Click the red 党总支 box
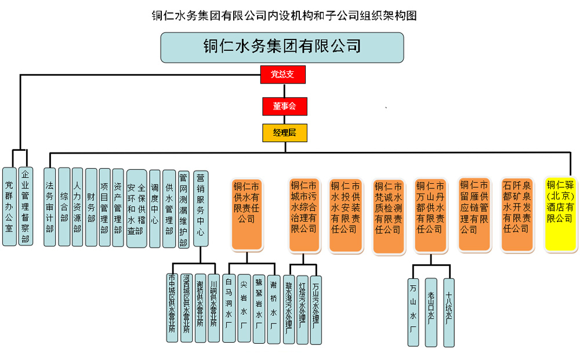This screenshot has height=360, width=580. (282, 74)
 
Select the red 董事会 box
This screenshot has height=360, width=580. (284, 106)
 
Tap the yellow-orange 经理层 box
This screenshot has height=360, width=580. (284, 133)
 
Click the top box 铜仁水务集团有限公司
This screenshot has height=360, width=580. (282, 47)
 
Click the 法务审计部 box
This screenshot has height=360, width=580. (49, 207)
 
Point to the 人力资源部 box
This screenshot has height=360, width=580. (77, 207)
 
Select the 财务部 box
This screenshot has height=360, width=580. (90, 207)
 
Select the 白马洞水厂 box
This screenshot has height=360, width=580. (229, 309)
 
